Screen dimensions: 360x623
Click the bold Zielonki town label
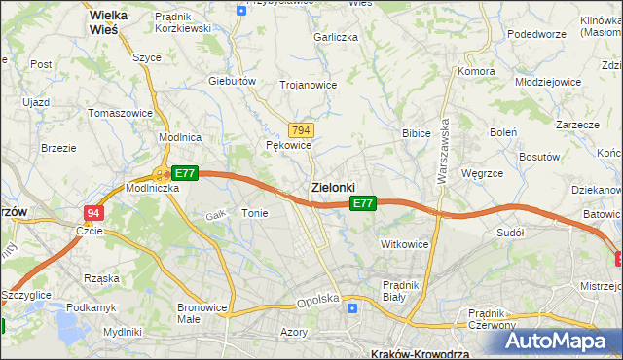point(332,186)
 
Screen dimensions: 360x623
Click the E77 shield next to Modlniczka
point(185,173)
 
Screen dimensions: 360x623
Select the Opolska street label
point(317,300)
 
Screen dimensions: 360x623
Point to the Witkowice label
point(405,244)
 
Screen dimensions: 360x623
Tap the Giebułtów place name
point(232,81)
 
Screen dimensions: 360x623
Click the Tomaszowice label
point(120,113)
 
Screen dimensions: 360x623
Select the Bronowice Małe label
point(202,313)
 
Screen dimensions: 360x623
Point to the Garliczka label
point(336,36)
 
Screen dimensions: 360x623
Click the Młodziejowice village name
point(548,83)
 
